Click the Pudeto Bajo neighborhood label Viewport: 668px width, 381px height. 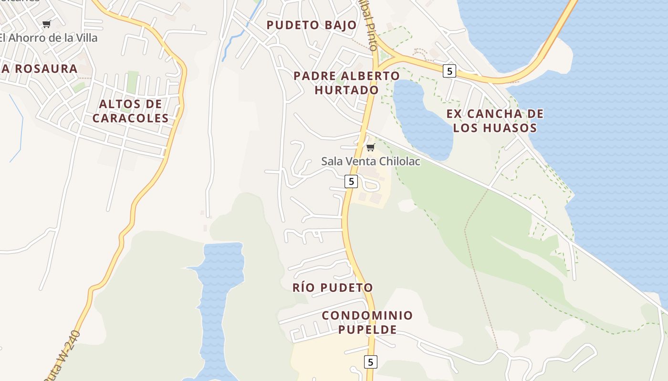(x=312, y=25)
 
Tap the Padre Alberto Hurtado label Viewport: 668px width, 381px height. (x=346, y=83)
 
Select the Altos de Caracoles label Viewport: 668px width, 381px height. (x=130, y=111)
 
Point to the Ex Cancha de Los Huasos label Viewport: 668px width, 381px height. (x=495, y=120)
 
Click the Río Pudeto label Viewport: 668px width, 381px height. (x=333, y=288)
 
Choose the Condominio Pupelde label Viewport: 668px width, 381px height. (x=367, y=322)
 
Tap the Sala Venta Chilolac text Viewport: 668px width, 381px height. (x=370, y=161)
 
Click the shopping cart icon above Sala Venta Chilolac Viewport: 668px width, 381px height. (x=370, y=148)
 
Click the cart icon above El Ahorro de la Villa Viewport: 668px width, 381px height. (x=46, y=24)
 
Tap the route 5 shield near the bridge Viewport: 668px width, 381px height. (x=449, y=71)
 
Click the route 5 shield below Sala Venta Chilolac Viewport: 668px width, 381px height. (x=351, y=181)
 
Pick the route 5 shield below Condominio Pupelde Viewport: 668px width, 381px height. (x=370, y=361)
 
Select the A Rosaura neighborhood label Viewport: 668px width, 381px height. (x=39, y=69)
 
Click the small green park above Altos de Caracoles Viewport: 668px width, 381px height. (x=132, y=81)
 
